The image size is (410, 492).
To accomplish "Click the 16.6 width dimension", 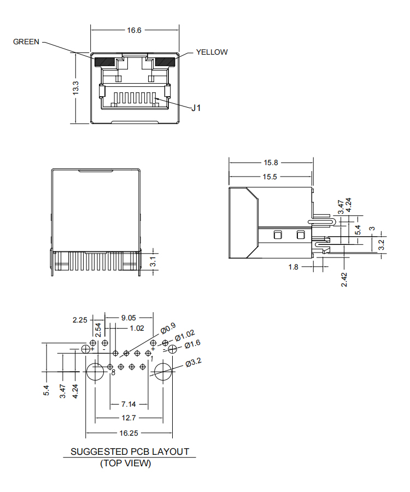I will [x=134, y=31].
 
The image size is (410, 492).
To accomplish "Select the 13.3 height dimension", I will [x=76, y=87].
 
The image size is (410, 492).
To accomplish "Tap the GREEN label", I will [x=26, y=42].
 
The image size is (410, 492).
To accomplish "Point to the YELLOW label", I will [x=212, y=52].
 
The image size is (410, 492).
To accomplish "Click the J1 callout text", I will [x=196, y=108].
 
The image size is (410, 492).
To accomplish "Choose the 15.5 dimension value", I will [x=271, y=177].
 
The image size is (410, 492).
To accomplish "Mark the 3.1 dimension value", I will [x=154, y=261].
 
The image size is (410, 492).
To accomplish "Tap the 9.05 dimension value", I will [x=129, y=317].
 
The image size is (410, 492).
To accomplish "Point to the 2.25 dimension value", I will [x=80, y=320].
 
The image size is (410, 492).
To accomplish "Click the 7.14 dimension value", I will [x=128, y=404].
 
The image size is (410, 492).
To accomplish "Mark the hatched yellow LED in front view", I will [x=165, y=61].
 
